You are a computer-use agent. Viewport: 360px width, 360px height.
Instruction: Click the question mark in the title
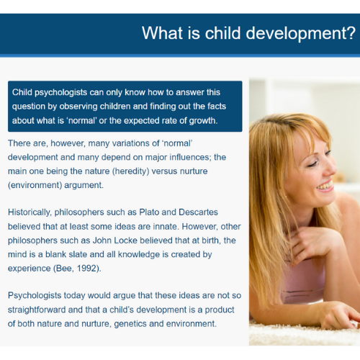351,32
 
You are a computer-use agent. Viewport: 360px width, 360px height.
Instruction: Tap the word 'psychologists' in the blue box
60,93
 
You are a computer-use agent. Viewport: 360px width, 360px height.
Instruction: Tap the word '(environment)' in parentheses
35,185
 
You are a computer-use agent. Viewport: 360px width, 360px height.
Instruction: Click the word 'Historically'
30,212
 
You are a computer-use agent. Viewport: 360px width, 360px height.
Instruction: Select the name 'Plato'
149,212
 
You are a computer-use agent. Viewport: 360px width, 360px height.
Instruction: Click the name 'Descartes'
198,212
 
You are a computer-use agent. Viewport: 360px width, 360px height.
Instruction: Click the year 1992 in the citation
86,269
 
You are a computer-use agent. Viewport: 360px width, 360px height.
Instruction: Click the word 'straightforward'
37,310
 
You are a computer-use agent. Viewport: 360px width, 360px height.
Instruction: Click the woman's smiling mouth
325,186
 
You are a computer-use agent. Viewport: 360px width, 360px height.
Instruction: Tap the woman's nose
330,167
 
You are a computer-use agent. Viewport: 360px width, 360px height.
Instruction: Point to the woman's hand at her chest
317,243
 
